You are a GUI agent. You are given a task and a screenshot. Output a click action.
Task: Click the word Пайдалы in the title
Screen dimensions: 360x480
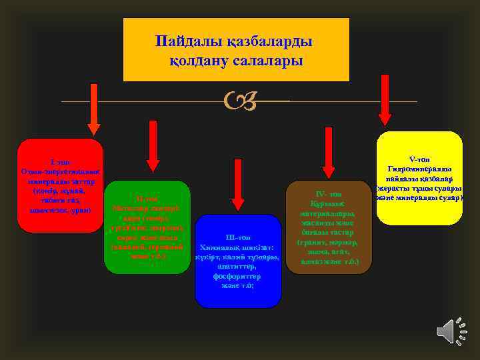point(183,41)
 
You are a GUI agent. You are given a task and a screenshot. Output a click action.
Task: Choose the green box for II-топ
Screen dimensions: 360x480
point(147,227)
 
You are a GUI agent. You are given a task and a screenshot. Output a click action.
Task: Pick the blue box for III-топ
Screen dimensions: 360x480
point(238,261)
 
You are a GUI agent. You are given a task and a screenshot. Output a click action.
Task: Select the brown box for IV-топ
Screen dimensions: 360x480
point(327,227)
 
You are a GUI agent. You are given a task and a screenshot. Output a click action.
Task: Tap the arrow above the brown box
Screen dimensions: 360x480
point(327,153)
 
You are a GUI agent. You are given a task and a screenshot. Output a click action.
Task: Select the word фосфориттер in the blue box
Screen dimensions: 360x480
point(238,276)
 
